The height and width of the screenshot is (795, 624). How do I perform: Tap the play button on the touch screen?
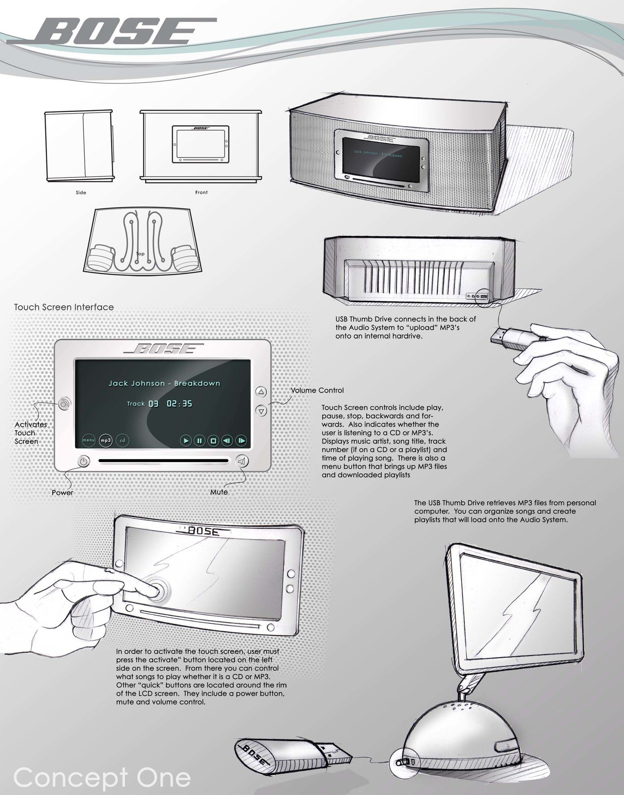point(185,441)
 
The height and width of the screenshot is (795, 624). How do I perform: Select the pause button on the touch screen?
point(199,441)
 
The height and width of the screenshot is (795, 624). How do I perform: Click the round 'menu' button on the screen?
point(89,441)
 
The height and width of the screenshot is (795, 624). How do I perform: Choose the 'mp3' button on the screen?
point(106,441)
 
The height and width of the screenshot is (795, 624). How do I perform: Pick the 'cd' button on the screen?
point(122,441)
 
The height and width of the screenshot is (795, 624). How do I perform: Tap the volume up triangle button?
point(261,392)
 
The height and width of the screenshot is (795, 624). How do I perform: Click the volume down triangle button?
point(261,410)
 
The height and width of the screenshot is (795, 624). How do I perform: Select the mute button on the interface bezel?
point(242,461)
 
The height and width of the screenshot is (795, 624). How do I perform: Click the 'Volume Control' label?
point(317,391)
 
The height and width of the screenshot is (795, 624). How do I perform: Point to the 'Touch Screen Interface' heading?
point(64,307)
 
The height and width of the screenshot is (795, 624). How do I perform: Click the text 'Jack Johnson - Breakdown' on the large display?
point(164,383)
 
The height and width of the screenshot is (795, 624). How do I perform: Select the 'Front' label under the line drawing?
point(201,193)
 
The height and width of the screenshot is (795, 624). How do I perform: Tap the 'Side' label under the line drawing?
point(81,193)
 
